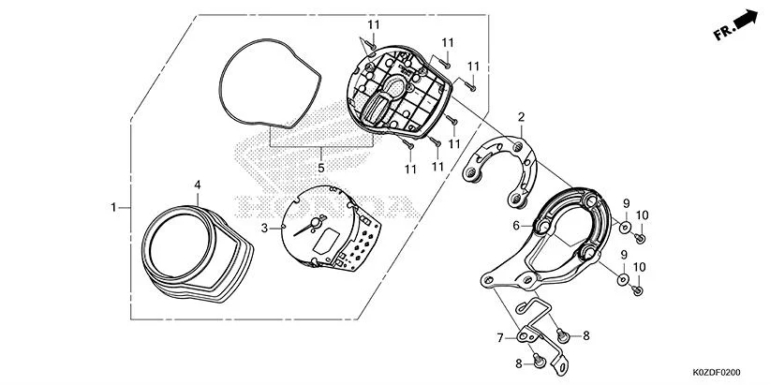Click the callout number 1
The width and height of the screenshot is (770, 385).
pos(113,206)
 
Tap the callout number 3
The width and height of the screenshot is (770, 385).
pos(264,228)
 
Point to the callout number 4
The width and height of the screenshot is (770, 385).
pos(197,185)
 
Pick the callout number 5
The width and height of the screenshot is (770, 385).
pos(320,168)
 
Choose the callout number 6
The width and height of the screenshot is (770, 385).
pos(515,226)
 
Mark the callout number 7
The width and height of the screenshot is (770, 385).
pos(499,337)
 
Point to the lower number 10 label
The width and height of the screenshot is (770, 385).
pos(641,267)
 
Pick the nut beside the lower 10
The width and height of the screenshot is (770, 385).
pos(637,289)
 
